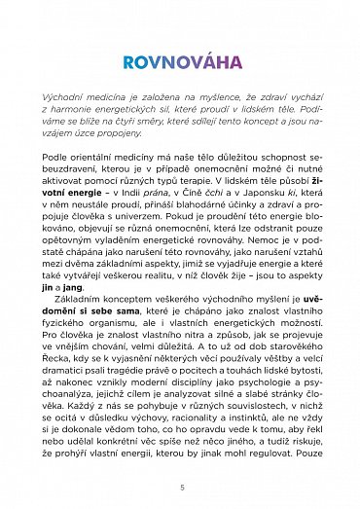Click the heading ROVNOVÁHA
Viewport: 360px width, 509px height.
(180, 62)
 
